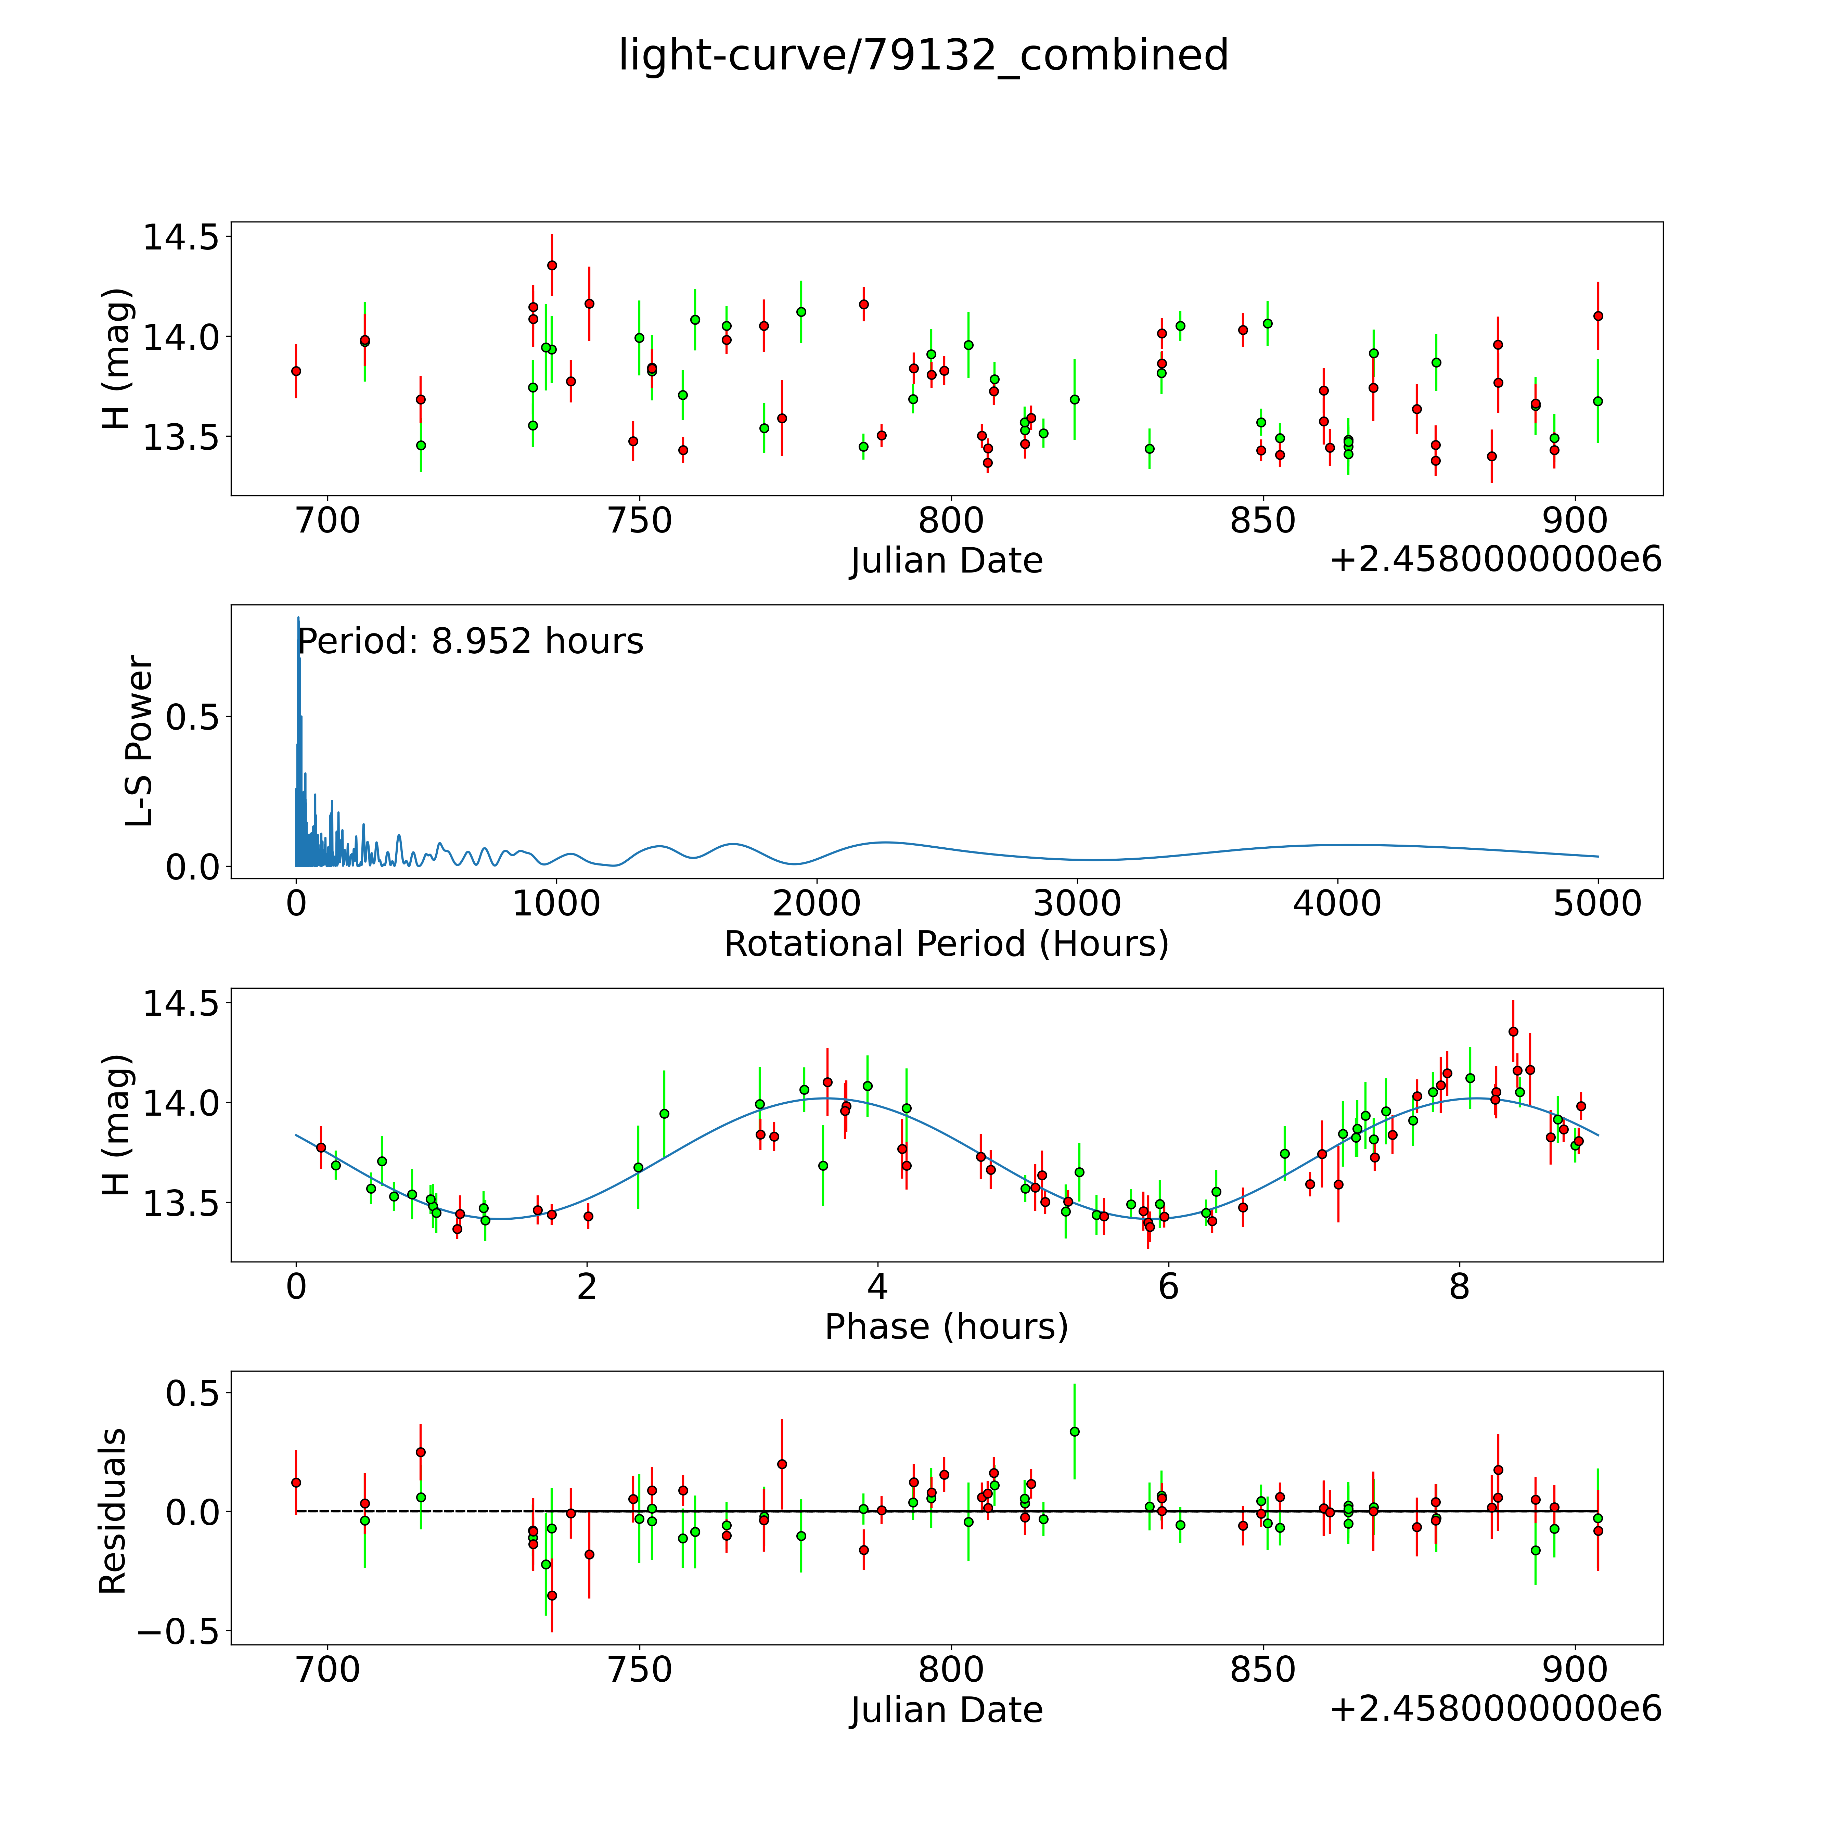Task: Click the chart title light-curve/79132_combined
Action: click(x=923, y=55)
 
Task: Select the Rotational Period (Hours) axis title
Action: click(x=946, y=944)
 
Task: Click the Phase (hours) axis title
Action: click(x=946, y=1327)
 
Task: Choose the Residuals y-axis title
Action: click(x=113, y=1511)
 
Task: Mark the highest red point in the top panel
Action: click(x=552, y=265)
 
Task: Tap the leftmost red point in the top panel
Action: click(x=296, y=371)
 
